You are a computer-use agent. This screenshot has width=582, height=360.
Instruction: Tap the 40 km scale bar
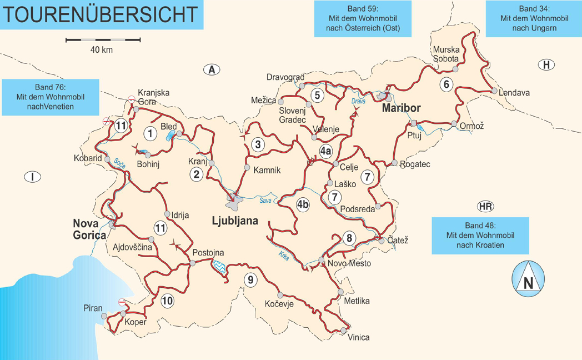103,40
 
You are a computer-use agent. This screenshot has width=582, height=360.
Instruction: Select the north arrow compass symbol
528,278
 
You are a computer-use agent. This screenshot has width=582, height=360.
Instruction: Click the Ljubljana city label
235,221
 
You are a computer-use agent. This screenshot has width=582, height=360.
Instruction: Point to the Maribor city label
402,108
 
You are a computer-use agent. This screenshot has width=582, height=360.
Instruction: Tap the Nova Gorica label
89,229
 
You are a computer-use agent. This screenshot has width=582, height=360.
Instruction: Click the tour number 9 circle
250,279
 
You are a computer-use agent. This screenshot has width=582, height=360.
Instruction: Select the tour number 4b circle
303,204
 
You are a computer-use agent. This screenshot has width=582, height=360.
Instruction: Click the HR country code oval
485,207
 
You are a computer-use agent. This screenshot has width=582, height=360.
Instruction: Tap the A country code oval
212,69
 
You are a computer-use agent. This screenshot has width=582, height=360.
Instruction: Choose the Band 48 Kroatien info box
480,236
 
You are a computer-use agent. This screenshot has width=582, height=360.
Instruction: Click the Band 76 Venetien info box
50,97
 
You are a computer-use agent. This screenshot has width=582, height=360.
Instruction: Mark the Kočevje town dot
280,295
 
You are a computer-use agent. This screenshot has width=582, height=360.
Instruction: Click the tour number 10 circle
167,301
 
